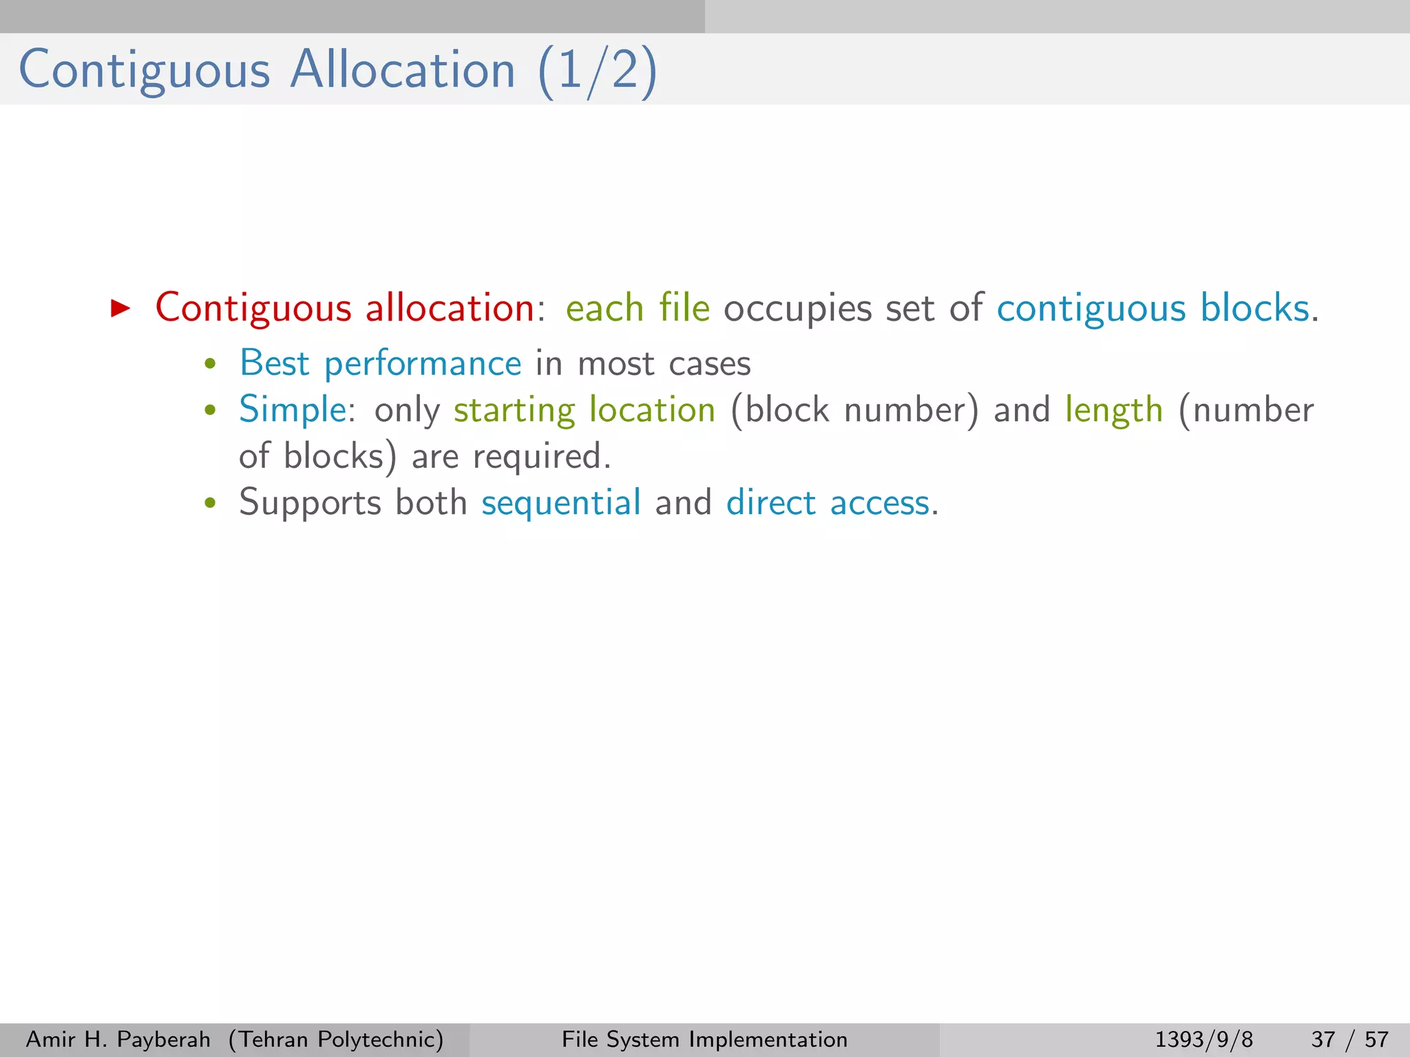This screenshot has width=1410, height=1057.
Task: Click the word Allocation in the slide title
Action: coord(403,70)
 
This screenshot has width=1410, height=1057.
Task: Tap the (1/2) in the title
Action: coord(598,72)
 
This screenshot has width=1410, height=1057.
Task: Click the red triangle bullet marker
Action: coord(120,308)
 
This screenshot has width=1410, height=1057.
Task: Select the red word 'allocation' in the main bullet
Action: coord(450,308)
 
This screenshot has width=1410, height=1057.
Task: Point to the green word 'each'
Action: coord(604,308)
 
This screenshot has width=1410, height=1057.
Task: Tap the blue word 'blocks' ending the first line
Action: coord(1254,308)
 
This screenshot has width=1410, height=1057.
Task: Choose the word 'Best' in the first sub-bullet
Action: coord(274,363)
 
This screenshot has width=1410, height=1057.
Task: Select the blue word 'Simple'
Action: coord(292,411)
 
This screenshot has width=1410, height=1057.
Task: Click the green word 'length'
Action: coord(1113,411)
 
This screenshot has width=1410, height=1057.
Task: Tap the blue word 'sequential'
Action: coord(561,503)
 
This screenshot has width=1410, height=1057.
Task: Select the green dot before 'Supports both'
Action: coord(211,503)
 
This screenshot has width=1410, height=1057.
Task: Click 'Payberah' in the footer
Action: coord(164,1039)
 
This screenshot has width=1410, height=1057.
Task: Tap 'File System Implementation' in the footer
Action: coord(704,1039)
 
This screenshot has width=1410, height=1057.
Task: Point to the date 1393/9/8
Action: coord(1203,1039)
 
